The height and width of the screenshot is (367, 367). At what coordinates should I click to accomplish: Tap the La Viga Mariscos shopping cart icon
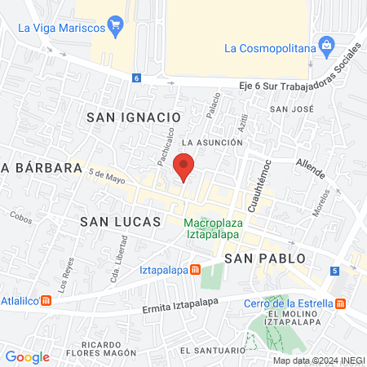(115, 26)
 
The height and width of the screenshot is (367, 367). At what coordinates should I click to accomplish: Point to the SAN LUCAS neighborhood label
(117, 221)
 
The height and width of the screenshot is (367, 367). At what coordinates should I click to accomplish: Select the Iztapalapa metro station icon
(196, 270)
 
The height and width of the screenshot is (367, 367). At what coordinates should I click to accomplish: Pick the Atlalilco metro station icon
(46, 298)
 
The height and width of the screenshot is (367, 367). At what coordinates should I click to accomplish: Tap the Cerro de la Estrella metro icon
(341, 303)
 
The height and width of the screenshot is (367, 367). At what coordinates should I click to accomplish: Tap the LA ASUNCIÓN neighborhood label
(214, 142)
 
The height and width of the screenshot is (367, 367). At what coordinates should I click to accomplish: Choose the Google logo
(27, 356)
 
